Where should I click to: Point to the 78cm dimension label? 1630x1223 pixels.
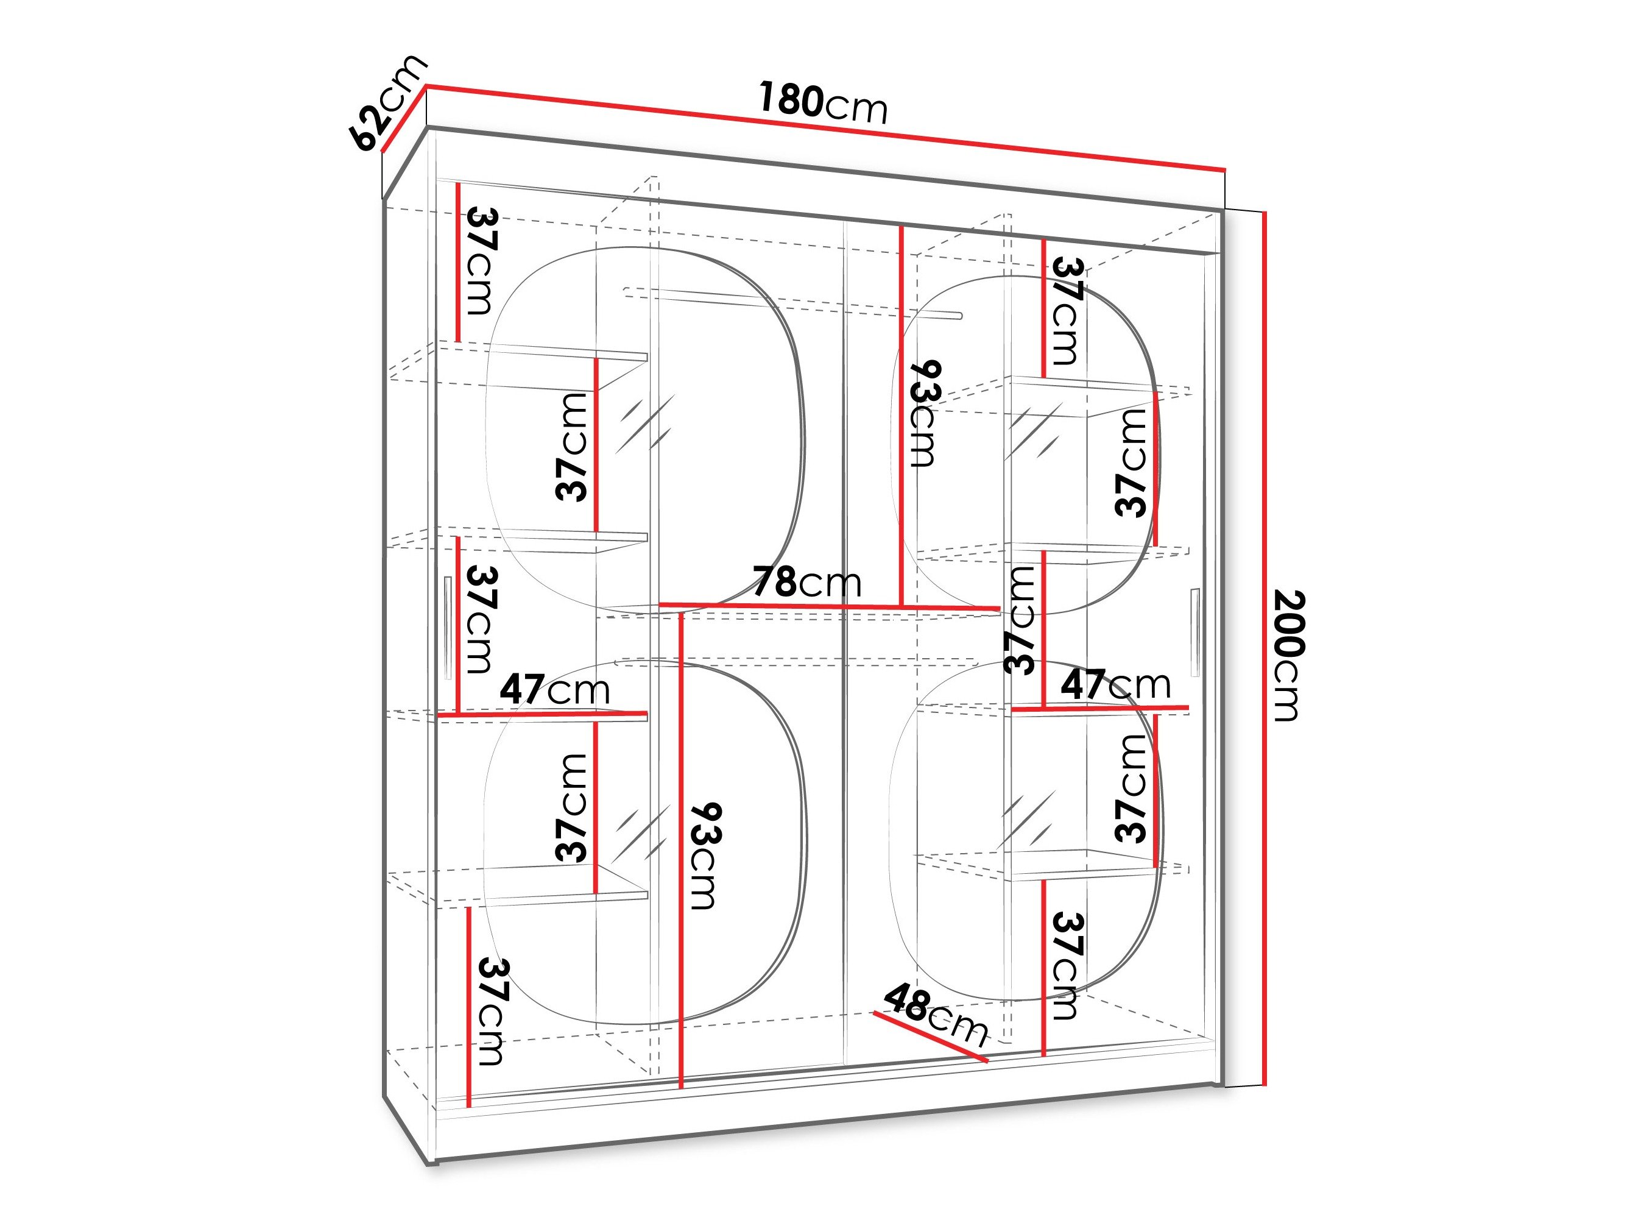click(806, 583)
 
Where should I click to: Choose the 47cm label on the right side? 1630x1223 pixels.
click(1115, 685)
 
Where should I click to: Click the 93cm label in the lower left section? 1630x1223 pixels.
click(704, 855)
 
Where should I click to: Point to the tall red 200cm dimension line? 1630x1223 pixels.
click(1265, 649)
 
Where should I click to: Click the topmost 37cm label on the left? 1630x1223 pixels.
click(481, 261)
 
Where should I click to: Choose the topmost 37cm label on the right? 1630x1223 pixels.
click(1067, 310)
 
